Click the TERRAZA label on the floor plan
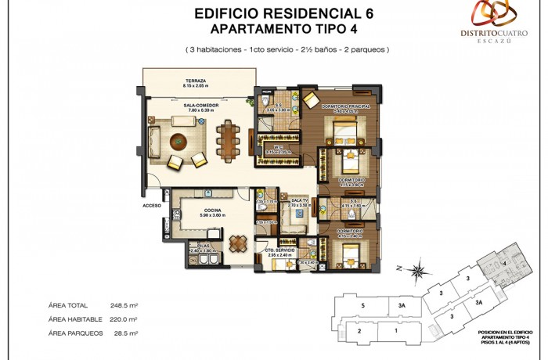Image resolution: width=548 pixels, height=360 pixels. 195,81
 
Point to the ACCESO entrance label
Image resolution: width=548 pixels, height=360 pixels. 151,205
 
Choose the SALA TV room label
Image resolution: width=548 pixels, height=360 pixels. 301,201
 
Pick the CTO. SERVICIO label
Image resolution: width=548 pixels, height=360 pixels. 279,250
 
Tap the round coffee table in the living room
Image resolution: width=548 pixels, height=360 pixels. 179,142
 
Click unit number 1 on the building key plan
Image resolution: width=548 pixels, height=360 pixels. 396,330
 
